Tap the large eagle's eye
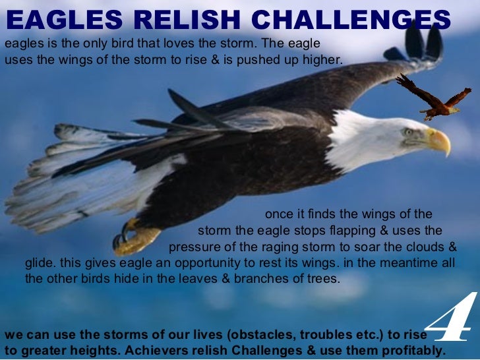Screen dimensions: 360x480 click(408, 131)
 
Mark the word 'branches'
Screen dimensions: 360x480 click(269, 278)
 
